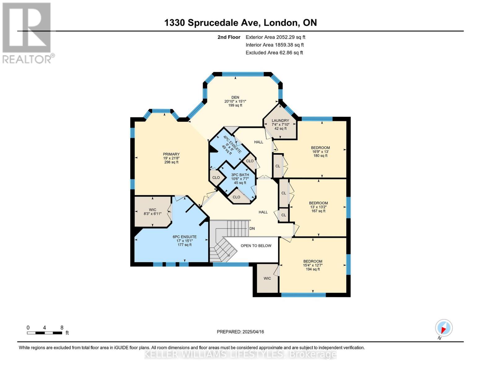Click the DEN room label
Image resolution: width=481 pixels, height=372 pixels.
click(x=235, y=98)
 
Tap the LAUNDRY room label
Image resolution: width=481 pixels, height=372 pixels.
click(x=280, y=121)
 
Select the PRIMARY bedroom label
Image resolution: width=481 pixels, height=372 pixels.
click(x=171, y=154)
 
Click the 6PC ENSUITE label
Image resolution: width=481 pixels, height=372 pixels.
click(x=185, y=237)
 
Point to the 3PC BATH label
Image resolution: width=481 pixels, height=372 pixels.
click(x=240, y=175)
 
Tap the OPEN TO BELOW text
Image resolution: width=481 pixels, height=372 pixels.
click(x=256, y=246)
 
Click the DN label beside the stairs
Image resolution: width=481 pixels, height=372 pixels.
click(x=252, y=228)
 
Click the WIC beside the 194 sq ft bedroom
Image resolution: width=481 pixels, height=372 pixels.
click(x=267, y=278)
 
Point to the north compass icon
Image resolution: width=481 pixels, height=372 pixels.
click(x=444, y=328)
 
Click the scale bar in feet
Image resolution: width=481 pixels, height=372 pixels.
click(x=45, y=333)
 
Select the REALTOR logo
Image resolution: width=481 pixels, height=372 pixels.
click(x=27, y=33)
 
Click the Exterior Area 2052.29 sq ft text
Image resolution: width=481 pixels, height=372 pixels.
click(x=275, y=37)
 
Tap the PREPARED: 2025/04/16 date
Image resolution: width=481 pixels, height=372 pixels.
click(x=240, y=332)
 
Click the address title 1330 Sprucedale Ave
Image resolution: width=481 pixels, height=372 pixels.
click(x=240, y=23)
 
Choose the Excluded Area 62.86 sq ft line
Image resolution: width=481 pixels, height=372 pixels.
click(x=274, y=53)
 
